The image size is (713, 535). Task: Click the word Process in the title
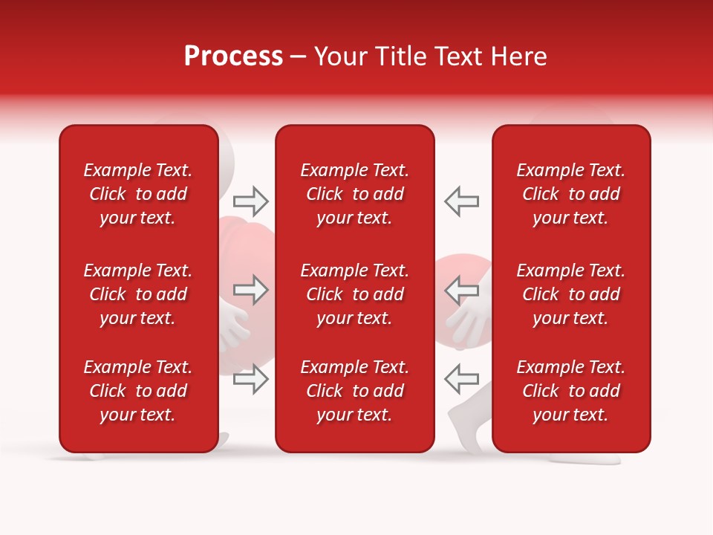233,56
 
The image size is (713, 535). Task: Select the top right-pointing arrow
251,201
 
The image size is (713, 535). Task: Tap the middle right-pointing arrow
251,290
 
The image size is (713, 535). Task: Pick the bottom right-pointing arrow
251,379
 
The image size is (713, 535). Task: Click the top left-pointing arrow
461,201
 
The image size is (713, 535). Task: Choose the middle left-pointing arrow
461,290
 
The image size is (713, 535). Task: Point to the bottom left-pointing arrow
461,379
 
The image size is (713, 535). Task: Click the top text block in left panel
138,194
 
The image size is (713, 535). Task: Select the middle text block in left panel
138,294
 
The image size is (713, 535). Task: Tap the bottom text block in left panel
138,391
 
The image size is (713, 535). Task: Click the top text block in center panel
354,194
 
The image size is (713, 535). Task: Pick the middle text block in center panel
354,294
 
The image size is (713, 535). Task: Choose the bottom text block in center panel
354,391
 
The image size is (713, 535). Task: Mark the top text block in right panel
570,194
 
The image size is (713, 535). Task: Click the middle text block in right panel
570,294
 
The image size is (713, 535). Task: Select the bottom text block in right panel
570,391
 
